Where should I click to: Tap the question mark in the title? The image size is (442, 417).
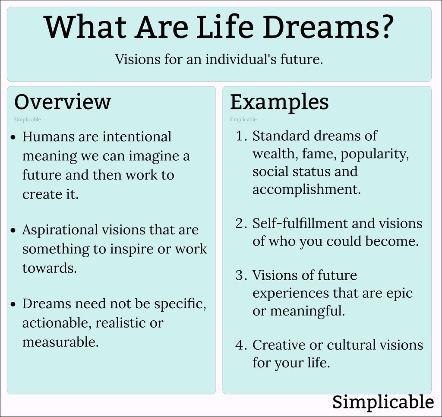tap(383, 27)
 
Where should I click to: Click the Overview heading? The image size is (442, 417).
tap(63, 102)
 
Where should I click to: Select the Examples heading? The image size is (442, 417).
tap(279, 102)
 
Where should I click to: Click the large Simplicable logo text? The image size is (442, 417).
tap(383, 402)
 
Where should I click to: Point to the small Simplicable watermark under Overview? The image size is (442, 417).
tap(27, 120)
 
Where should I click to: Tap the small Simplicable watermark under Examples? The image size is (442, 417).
tap(243, 120)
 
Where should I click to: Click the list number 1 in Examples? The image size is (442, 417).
tap(240, 136)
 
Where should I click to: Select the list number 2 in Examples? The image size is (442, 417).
tap(240, 224)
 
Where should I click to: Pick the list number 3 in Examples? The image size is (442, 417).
tap(240, 275)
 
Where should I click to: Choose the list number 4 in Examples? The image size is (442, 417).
tap(240, 345)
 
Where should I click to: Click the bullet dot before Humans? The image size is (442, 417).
tap(13, 137)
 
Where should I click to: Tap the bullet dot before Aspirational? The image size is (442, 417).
tap(13, 231)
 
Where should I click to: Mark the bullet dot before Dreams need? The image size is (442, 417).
tap(13, 304)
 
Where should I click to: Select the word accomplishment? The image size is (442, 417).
tap(306, 189)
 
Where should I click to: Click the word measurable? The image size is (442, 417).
tap(60, 342)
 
